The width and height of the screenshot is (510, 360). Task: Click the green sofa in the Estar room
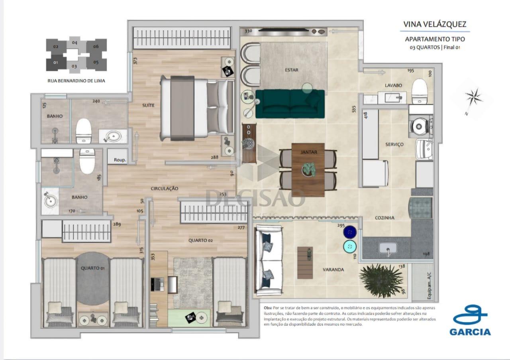pyautogui.click(x=290, y=104)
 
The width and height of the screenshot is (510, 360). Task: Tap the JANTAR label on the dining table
pyautogui.click(x=309, y=152)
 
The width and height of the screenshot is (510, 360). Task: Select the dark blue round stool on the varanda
pyautogui.click(x=350, y=232)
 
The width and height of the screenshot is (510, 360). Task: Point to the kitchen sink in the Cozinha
pyautogui.click(x=387, y=249)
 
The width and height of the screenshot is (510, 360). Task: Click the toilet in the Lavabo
pyautogui.click(x=420, y=90)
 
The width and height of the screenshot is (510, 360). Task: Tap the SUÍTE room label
pyautogui.click(x=148, y=106)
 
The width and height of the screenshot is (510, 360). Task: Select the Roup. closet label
pyautogui.click(x=120, y=160)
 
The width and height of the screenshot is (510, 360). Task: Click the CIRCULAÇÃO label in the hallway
pyautogui.click(x=164, y=188)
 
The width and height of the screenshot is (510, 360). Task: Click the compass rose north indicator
pyautogui.click(x=473, y=98)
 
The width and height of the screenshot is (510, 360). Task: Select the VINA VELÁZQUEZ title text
pyautogui.click(x=435, y=24)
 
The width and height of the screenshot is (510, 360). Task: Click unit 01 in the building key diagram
pyautogui.click(x=55, y=63)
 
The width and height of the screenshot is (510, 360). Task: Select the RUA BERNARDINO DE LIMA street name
pyautogui.click(x=76, y=81)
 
